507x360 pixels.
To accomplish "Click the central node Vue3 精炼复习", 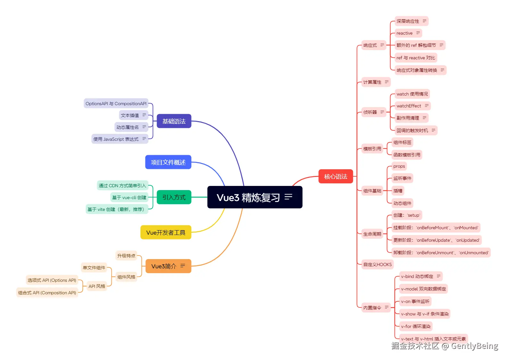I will click(248, 197).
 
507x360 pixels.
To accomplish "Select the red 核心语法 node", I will click(335, 176).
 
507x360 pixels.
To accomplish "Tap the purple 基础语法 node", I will click(174, 121).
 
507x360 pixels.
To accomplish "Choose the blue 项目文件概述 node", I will click(168, 162).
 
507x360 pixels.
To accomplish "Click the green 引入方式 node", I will click(174, 197).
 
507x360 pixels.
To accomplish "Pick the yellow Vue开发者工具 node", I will click(166, 232).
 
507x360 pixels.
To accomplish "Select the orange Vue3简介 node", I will click(164, 266).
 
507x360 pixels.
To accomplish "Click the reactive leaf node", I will click(405, 33).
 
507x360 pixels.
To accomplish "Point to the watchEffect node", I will click(409, 106).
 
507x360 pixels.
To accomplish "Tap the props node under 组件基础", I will click(399, 166).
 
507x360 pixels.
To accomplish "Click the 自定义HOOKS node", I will click(377, 264).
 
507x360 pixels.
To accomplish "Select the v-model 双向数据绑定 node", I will click(423, 289).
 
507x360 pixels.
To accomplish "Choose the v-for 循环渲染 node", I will click(416, 326).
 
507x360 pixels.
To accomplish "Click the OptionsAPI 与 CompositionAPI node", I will click(116, 104).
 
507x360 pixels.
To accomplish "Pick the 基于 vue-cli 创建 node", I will click(129, 197).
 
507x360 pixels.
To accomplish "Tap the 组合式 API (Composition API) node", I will click(47, 293).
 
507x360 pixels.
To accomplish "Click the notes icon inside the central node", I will click(288, 197).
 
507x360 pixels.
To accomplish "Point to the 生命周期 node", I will click(372, 234).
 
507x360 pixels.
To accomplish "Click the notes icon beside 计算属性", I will click(387, 82).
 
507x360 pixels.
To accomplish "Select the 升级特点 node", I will click(126, 256).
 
